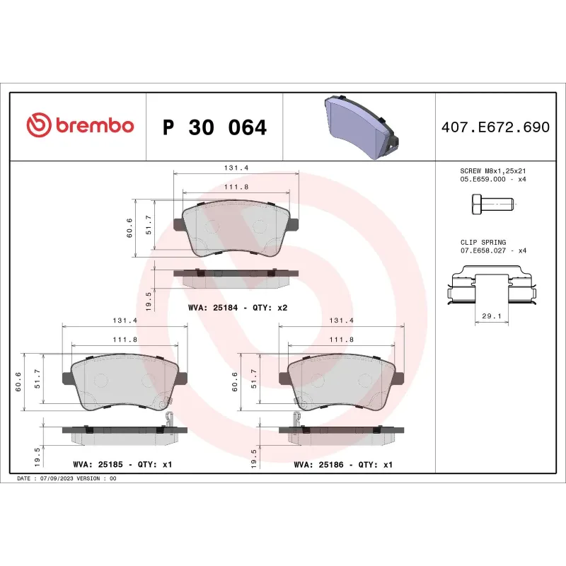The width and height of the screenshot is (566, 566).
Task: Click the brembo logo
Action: tap(79, 126)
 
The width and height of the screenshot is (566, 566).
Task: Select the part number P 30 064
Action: tap(214, 128)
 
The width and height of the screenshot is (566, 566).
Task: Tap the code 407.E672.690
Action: tap(495, 128)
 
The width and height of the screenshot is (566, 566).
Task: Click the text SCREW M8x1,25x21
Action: tap(492, 171)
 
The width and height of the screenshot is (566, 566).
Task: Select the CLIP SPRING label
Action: tap(483, 242)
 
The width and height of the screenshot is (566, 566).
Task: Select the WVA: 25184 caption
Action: tap(237, 308)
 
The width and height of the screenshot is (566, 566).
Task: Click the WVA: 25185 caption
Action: tap(122, 465)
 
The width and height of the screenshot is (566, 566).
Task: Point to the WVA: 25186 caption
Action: tap(342, 465)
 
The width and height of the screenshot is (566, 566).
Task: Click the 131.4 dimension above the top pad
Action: tap(236, 168)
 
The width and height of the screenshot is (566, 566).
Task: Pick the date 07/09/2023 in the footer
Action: tap(56, 479)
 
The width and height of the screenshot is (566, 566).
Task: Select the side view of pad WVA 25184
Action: tap(236, 277)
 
